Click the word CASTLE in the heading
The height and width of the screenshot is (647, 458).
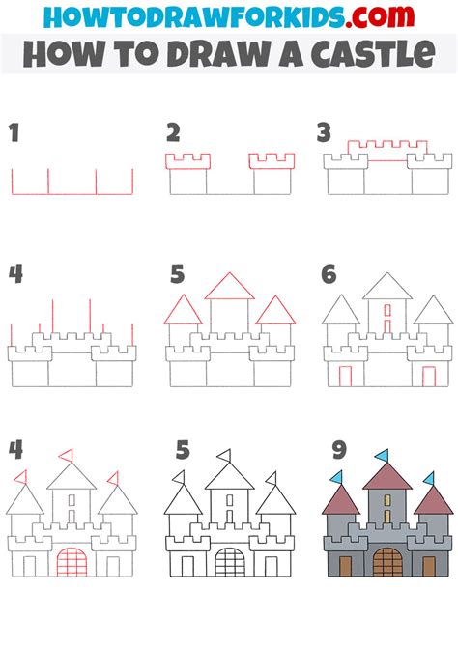(373, 54)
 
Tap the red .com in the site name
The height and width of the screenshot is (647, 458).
(380, 16)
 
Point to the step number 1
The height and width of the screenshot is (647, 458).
(14, 133)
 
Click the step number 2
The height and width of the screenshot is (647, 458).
(173, 133)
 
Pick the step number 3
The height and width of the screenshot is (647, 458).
(325, 133)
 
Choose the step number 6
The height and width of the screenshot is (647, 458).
(329, 274)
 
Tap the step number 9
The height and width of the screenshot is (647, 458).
(339, 450)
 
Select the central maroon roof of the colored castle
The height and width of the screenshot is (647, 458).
(387, 477)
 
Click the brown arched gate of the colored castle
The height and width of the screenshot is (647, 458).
(387, 562)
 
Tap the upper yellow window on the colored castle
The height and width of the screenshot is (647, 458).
(387, 500)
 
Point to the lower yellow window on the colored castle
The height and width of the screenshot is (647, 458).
(387, 517)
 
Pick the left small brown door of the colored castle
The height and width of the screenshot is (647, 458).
(345, 567)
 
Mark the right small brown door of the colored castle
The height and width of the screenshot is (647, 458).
(429, 567)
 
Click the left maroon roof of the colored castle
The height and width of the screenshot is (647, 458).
(341, 501)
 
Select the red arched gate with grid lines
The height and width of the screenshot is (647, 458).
(72, 562)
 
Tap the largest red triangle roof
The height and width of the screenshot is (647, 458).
(230, 286)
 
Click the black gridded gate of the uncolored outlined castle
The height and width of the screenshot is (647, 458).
(230, 562)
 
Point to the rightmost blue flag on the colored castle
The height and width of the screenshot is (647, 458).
(429, 479)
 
